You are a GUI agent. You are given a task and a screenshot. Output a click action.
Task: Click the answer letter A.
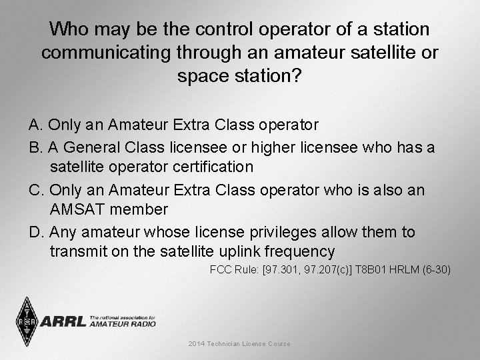pos(35,125)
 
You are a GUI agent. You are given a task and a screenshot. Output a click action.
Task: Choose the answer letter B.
pos(35,147)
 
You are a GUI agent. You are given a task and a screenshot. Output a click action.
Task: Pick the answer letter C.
pos(35,190)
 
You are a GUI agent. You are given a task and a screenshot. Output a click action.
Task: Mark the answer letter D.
pos(35,233)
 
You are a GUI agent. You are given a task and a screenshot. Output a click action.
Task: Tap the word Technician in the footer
pos(229,344)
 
